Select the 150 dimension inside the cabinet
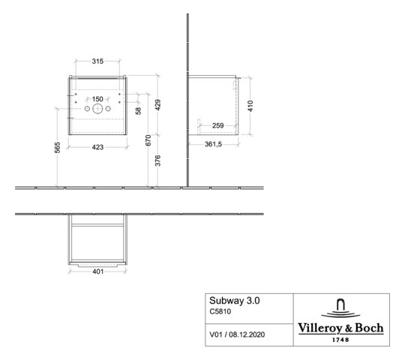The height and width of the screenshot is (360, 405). pos(97,99)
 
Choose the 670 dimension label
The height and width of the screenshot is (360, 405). pos(148,139)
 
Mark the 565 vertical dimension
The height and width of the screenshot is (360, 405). pos(57,148)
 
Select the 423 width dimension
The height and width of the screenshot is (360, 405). pos(99,147)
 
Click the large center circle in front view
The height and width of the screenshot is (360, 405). pos(97,109)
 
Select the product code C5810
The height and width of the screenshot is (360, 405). pos(221,313)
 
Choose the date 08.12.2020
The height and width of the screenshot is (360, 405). pos(247,331)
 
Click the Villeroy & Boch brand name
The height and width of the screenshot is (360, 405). pos(342,328)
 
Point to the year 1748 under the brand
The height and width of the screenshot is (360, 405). pos(342,339)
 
